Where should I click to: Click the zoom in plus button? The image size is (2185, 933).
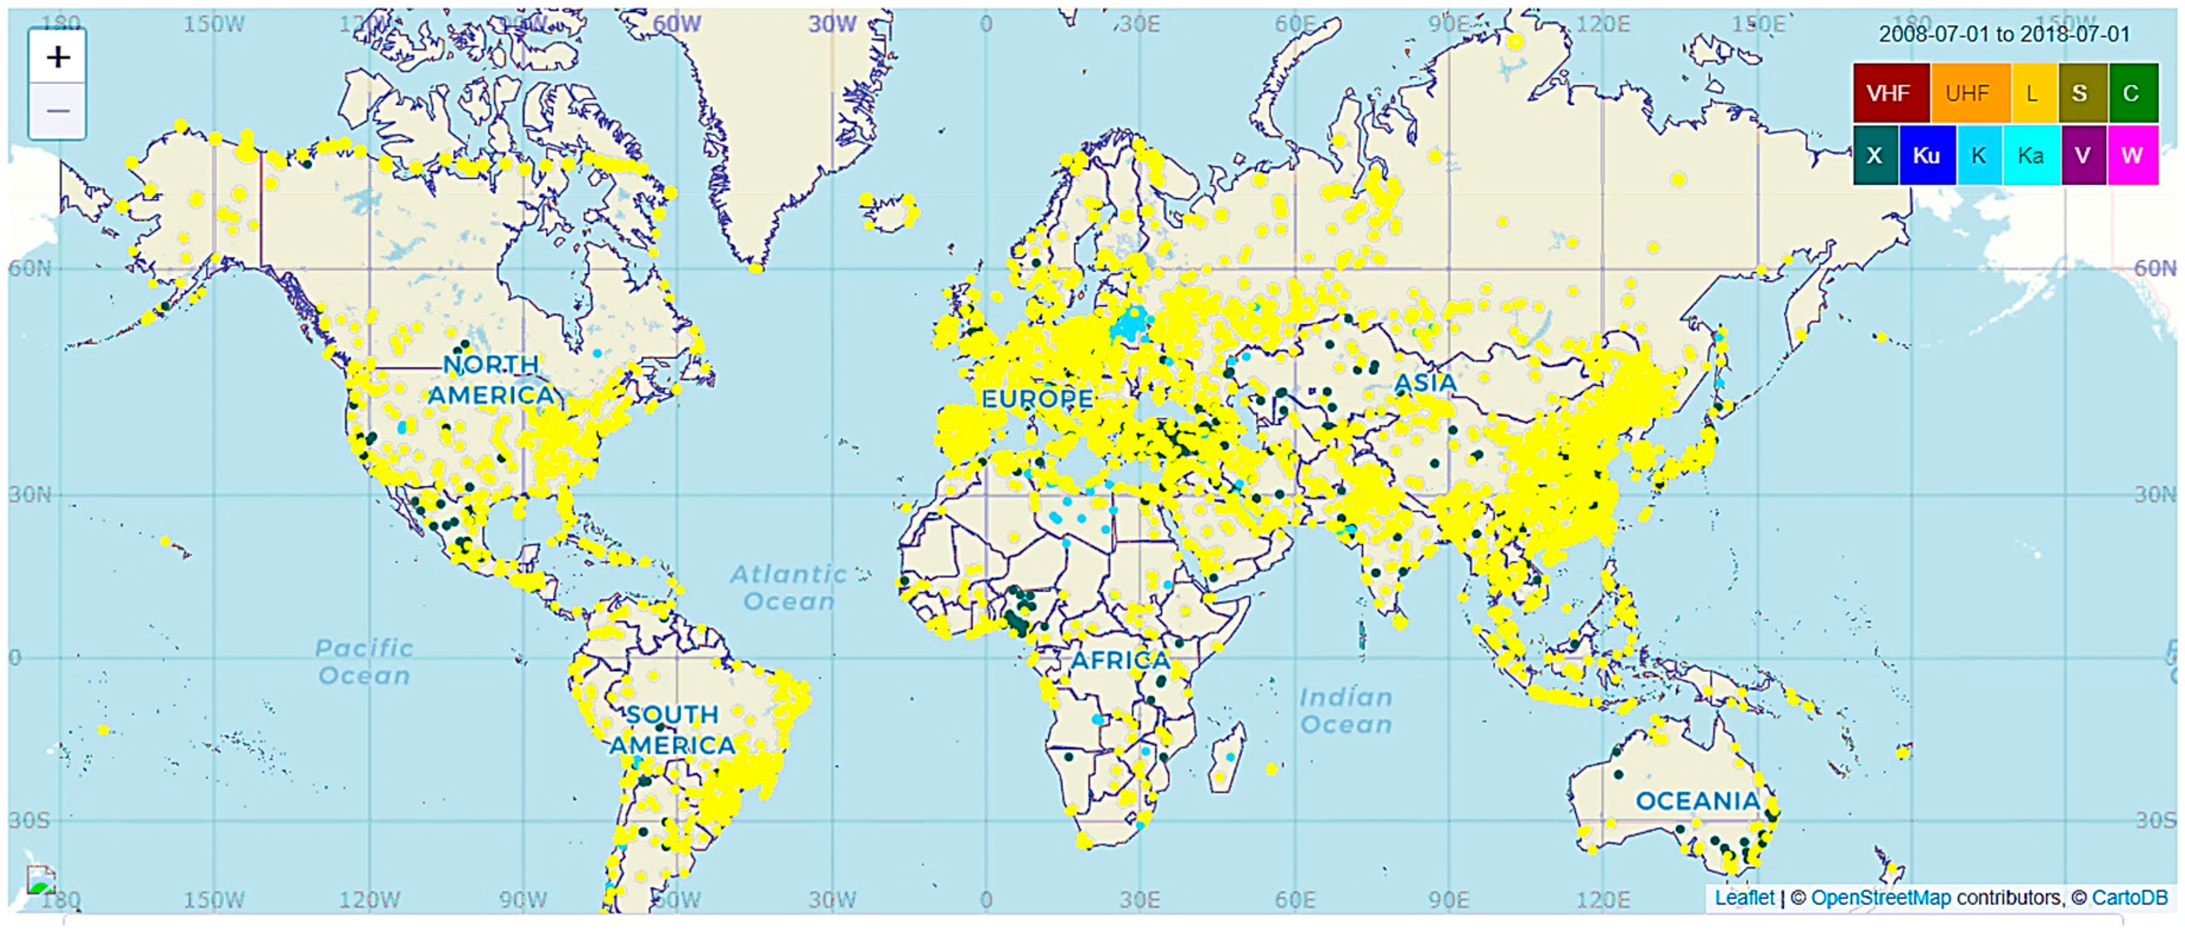(x=58, y=57)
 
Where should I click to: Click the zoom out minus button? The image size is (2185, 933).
(x=58, y=111)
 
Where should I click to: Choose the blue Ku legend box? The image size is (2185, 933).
(x=1926, y=155)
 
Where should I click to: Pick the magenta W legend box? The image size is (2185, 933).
(x=2133, y=155)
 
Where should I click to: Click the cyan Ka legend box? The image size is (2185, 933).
(x=2030, y=155)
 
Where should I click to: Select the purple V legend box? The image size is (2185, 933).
(x=2082, y=155)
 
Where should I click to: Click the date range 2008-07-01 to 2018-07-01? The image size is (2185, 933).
(x=2004, y=34)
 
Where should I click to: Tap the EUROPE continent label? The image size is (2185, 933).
(x=1036, y=398)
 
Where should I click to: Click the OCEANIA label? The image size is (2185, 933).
(x=1697, y=800)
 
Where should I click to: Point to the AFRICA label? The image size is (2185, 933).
(x=1120, y=660)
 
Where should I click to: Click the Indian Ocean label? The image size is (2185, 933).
(x=1346, y=711)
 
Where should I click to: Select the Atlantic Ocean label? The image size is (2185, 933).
(x=789, y=587)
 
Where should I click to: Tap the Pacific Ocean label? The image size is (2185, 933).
(x=364, y=662)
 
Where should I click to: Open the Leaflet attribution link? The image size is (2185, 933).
(x=1744, y=897)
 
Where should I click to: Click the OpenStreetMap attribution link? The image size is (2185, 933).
(x=1881, y=897)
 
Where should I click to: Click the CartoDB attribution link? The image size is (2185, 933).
(x=2129, y=897)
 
